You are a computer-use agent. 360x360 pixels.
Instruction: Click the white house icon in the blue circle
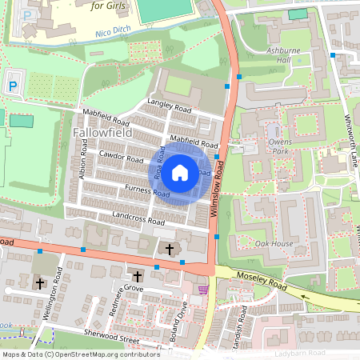click(x=180, y=171)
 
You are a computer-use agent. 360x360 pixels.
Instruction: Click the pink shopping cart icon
click(x=203, y=290)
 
